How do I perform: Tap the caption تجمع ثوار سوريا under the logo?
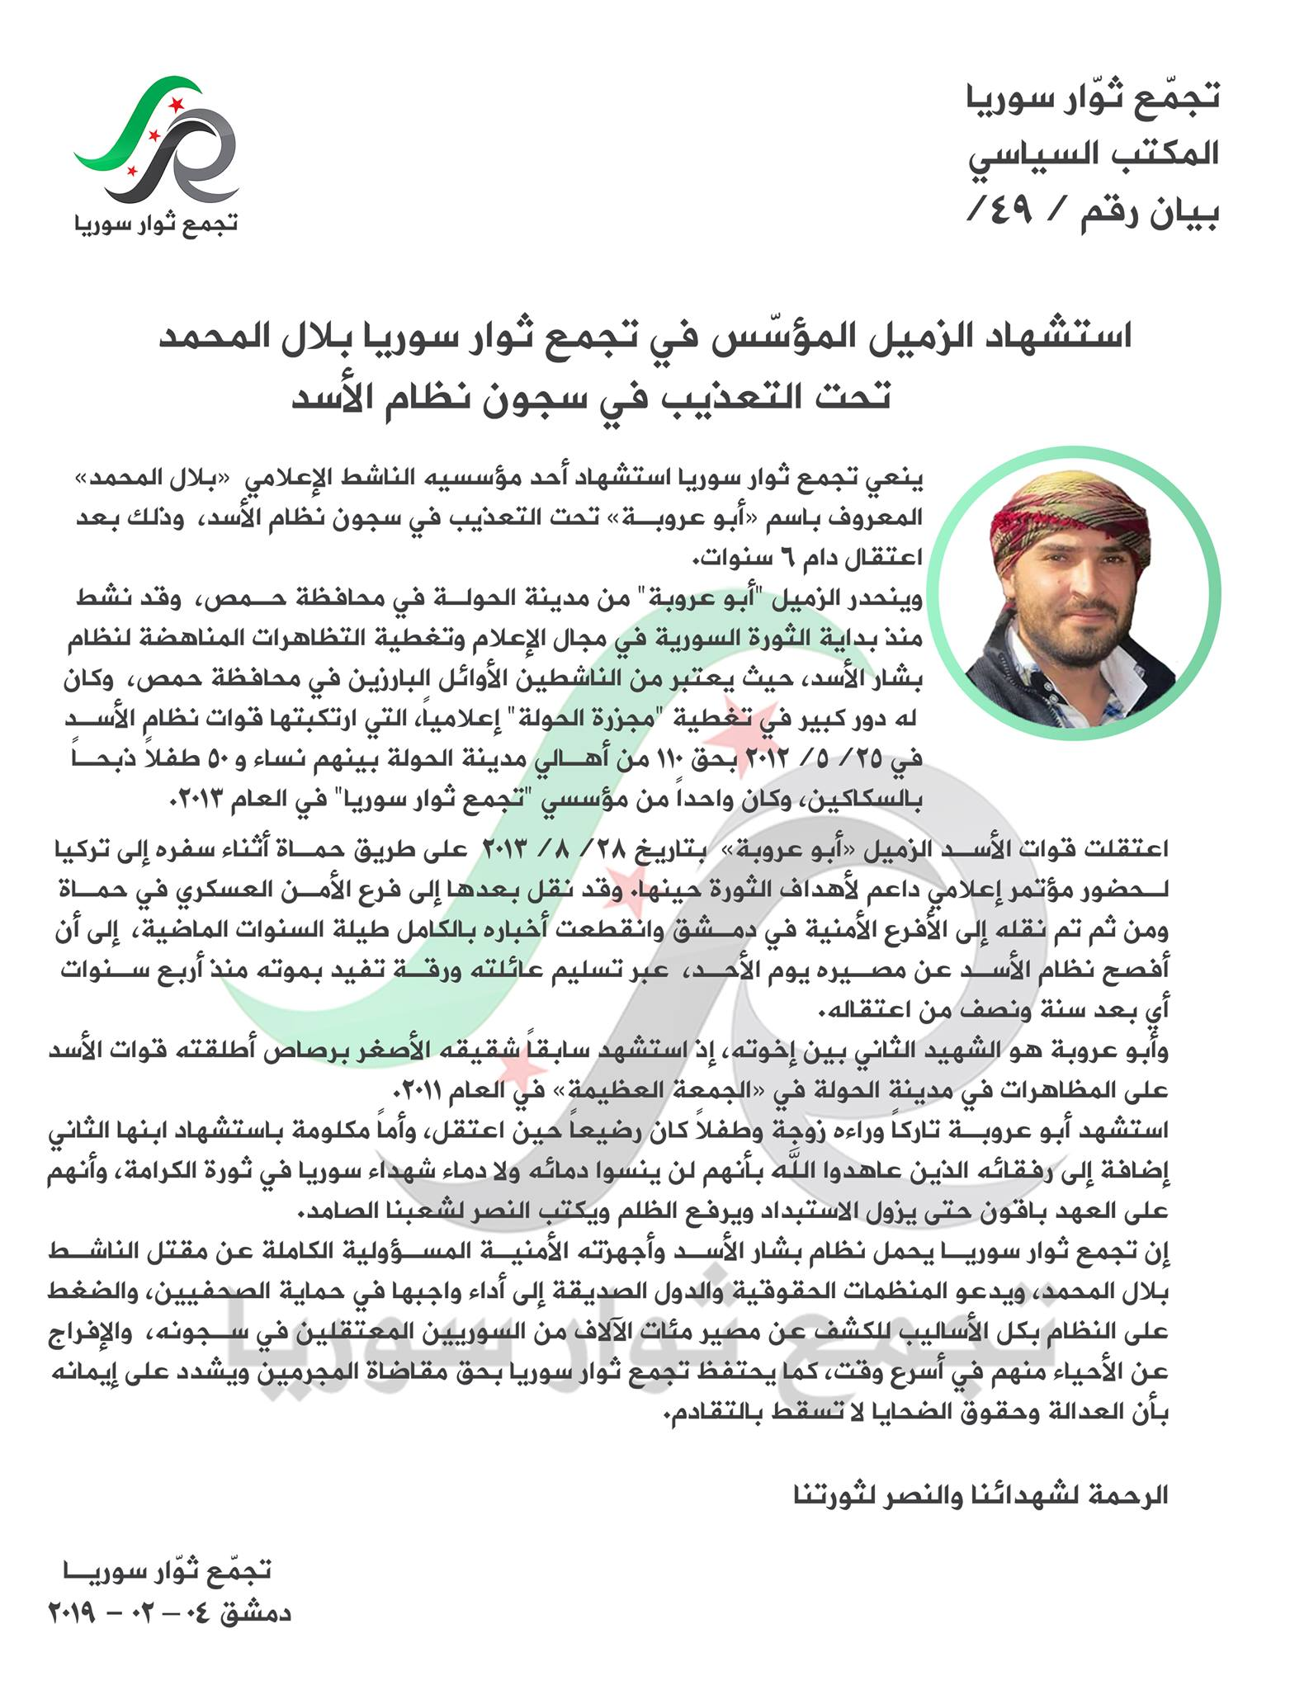pyautogui.click(x=156, y=223)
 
